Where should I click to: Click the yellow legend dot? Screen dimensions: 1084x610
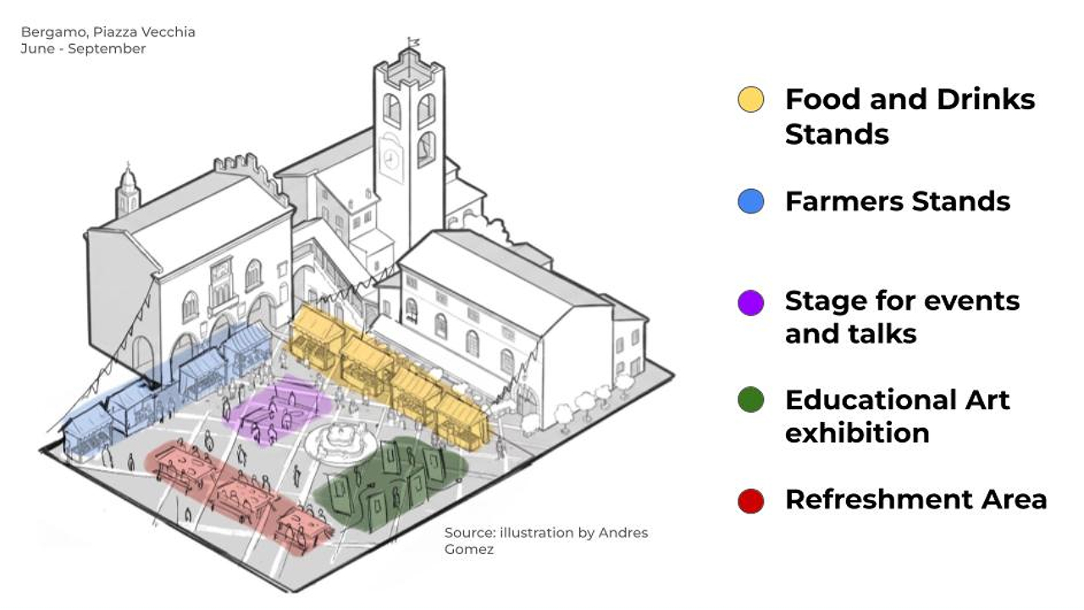click(750, 100)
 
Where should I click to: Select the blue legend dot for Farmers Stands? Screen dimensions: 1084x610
click(750, 202)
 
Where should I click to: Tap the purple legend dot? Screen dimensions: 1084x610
click(750, 302)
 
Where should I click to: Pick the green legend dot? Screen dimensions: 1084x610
click(750, 401)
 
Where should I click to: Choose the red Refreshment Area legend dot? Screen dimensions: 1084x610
click(750, 501)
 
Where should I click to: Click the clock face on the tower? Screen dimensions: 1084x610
click(390, 158)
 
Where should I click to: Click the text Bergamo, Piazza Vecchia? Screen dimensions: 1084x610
click(108, 32)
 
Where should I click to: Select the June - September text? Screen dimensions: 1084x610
click(83, 49)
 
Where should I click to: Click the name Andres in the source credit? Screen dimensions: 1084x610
click(623, 533)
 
